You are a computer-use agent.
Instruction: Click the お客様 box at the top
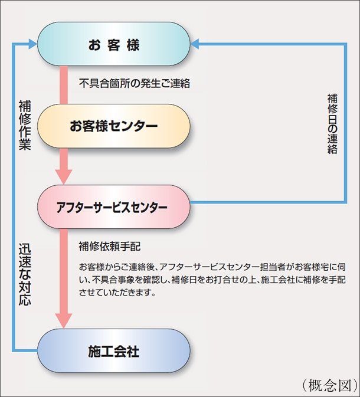tap(114, 44)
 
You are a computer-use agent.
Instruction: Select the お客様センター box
tap(114, 126)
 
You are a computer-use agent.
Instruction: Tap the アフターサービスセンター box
tap(114, 206)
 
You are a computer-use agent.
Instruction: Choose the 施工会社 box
tap(114, 350)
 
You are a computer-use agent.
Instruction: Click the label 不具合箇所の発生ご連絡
tap(135, 83)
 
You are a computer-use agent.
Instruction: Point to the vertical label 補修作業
tap(25, 125)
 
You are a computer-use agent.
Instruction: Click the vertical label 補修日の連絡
tap(332, 124)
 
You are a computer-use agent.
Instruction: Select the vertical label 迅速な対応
tap(25, 274)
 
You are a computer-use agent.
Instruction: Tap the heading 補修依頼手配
tap(110, 247)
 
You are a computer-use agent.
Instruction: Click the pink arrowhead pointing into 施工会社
tap(64, 321)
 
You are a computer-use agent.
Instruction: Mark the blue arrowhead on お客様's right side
tap(195, 44)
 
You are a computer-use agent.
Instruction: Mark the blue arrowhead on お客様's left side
tap(33, 44)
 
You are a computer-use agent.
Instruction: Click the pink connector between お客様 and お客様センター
tap(64, 85)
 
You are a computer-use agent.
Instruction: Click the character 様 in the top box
tap(133, 45)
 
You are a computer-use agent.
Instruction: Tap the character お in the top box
tap(94, 45)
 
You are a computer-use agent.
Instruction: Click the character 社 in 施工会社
tap(133, 352)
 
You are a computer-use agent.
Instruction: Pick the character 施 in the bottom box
tap(94, 352)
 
